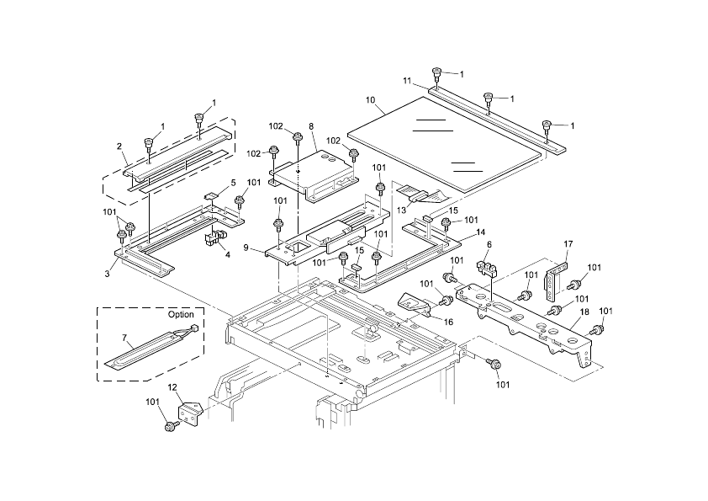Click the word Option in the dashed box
click(181, 314)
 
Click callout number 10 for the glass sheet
click(370, 100)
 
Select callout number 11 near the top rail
click(407, 81)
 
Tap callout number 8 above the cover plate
click(311, 126)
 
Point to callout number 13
click(401, 211)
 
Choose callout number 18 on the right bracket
click(584, 312)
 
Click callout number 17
click(568, 244)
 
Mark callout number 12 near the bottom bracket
click(172, 387)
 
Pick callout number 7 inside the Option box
click(124, 338)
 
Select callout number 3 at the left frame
click(107, 274)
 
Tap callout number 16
click(448, 322)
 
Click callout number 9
click(246, 248)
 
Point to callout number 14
click(480, 232)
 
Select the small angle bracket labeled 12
click(189, 413)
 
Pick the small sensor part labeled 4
click(214, 237)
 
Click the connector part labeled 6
click(486, 269)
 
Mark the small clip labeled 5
click(211, 196)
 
